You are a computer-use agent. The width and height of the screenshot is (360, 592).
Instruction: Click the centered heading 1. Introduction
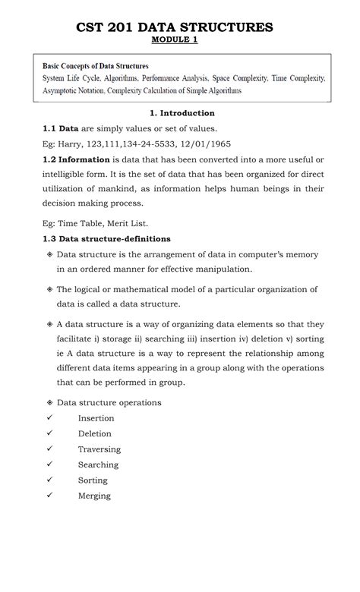182,113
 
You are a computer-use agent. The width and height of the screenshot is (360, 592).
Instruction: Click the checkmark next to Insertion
49,418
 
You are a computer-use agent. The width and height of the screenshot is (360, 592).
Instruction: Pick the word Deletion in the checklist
94,433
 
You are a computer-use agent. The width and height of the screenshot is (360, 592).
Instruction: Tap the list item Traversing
98,449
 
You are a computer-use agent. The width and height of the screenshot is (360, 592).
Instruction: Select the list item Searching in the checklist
98,464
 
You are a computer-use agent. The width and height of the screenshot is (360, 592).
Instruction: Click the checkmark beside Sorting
49,480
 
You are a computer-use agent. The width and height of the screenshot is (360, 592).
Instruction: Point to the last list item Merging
94,496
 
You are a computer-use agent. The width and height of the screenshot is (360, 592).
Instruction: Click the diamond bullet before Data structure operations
49,402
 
